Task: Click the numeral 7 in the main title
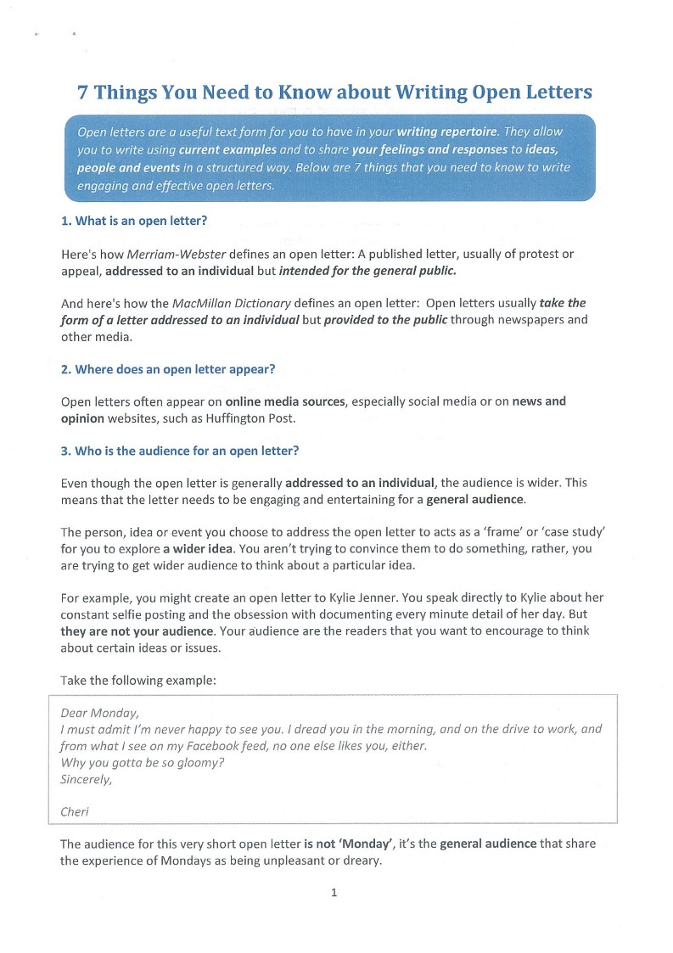pos(82,92)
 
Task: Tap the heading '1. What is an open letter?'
pos(134,221)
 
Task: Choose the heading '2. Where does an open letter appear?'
pos(168,369)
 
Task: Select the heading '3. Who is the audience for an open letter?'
pos(180,451)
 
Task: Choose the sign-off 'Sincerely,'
pos(86,779)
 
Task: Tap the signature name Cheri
pos(75,812)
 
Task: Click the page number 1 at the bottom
pos(334,893)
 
